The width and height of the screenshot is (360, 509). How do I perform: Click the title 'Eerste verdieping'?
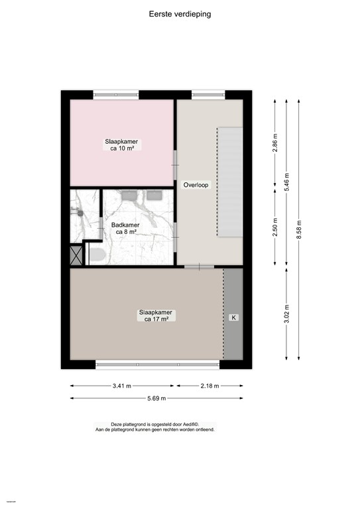click(x=180, y=13)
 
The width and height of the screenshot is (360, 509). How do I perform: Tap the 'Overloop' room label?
click(x=197, y=186)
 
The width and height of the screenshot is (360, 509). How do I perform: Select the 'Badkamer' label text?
click(x=125, y=225)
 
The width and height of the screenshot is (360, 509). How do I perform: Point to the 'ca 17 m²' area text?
click(x=156, y=319)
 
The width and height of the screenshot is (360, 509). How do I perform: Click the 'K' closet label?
click(x=233, y=318)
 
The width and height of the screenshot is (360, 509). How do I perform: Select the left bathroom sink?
click(x=129, y=195)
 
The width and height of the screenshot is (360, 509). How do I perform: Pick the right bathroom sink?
click(x=155, y=195)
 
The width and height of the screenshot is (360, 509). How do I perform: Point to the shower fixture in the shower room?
click(x=76, y=212)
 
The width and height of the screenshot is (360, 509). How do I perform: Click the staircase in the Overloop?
click(x=230, y=182)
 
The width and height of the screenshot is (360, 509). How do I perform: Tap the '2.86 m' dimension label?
click(x=274, y=142)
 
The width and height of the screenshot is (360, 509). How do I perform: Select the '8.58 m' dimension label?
click(x=299, y=229)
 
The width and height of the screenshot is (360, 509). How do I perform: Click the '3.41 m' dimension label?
click(x=122, y=385)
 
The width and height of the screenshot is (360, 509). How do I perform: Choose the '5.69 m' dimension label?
click(x=156, y=398)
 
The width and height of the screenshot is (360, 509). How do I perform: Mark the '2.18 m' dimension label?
click(x=208, y=385)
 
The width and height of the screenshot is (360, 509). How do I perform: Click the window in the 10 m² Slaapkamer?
click(x=115, y=95)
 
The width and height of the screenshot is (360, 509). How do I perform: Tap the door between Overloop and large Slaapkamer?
click(x=198, y=266)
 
